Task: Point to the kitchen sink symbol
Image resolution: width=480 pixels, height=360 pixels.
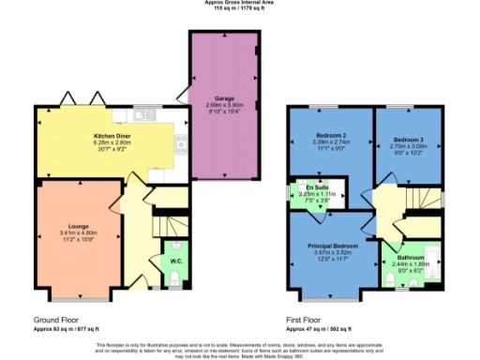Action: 143,115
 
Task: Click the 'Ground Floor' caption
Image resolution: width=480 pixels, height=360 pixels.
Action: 40,320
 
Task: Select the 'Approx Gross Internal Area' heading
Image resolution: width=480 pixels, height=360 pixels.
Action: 239,3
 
